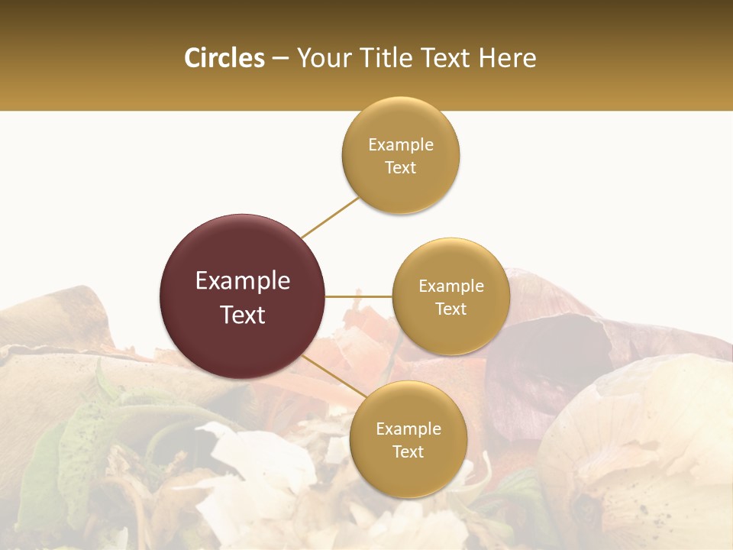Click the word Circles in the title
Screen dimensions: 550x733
click(224, 58)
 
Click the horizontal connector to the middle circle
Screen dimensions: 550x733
click(359, 296)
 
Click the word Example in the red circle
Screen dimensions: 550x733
click(243, 281)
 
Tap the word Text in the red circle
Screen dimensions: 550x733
click(243, 315)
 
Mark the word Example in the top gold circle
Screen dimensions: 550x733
click(401, 145)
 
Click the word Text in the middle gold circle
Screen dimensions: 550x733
click(450, 309)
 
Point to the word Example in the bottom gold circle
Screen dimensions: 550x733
click(408, 429)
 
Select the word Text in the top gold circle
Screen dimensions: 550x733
click(400, 168)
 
